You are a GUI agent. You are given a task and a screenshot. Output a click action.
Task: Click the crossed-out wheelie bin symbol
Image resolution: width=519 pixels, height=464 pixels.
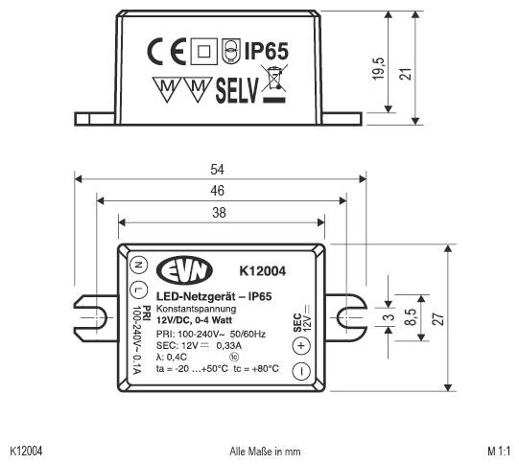click(x=276, y=87)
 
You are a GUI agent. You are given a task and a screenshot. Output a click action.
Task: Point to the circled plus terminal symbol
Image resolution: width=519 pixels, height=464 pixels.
click(x=300, y=345)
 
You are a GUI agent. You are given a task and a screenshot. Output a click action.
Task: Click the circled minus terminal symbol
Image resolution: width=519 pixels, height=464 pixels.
click(x=300, y=370)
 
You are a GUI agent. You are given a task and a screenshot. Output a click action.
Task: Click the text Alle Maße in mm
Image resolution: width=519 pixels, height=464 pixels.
click(x=264, y=450)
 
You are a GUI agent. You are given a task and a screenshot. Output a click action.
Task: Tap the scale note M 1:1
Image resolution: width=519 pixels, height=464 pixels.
click(x=499, y=450)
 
